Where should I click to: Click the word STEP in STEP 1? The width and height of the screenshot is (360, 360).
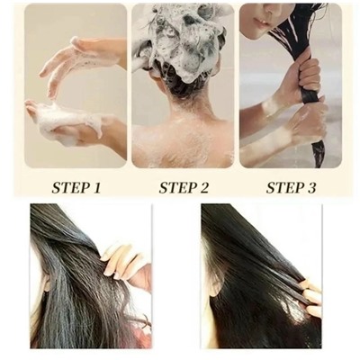[69, 188]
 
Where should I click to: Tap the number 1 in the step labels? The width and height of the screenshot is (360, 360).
[96, 188]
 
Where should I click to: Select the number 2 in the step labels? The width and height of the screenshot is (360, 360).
[203, 188]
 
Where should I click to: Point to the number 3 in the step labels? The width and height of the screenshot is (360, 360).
[310, 188]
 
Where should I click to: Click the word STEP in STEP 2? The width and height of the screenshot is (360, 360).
[176, 188]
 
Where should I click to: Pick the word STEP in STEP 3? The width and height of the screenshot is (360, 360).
[283, 188]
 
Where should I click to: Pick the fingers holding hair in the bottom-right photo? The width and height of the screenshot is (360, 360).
[309, 295]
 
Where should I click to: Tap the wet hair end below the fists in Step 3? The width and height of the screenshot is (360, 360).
[318, 155]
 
